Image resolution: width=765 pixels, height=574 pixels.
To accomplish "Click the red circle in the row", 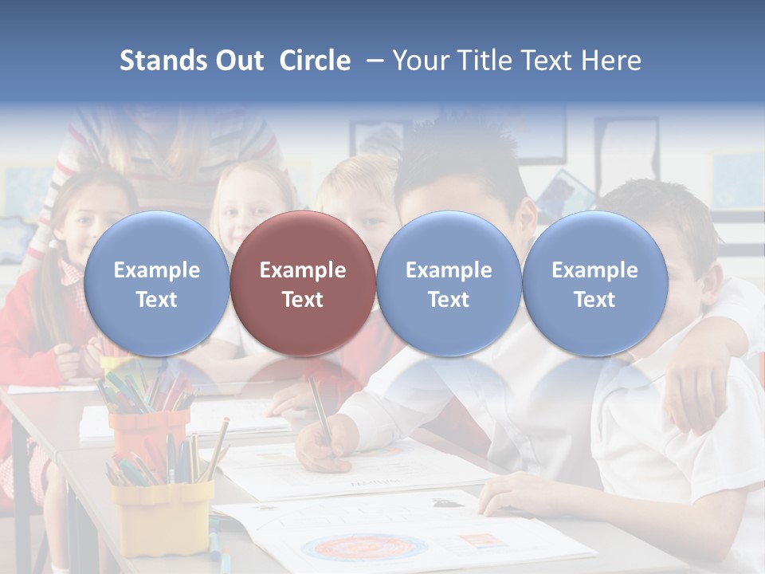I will (303, 284).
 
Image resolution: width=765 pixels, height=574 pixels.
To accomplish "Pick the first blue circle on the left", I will (156, 284).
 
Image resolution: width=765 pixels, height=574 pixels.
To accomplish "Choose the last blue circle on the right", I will (594, 284).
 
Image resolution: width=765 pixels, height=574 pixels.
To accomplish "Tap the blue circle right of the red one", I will (449, 284).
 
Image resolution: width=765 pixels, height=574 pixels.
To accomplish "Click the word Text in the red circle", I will (303, 300).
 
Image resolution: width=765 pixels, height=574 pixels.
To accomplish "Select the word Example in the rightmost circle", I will (594, 270).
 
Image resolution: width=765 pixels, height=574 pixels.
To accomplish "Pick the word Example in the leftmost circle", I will (156, 270).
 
